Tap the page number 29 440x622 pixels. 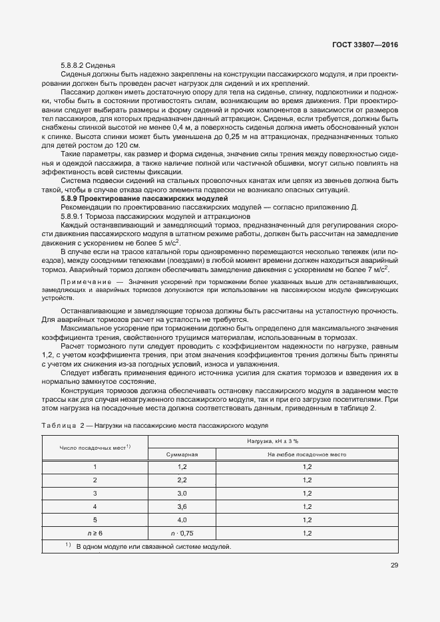pos(394,567)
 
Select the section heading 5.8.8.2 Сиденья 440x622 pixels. pos(89,65)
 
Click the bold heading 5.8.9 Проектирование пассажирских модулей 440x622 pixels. pos(144,199)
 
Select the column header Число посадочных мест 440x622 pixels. pos(95,448)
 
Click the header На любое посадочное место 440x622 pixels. pos(307,454)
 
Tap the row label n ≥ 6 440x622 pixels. pos(95,533)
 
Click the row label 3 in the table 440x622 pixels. pos(95,493)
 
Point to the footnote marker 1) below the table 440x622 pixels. pos(68,545)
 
